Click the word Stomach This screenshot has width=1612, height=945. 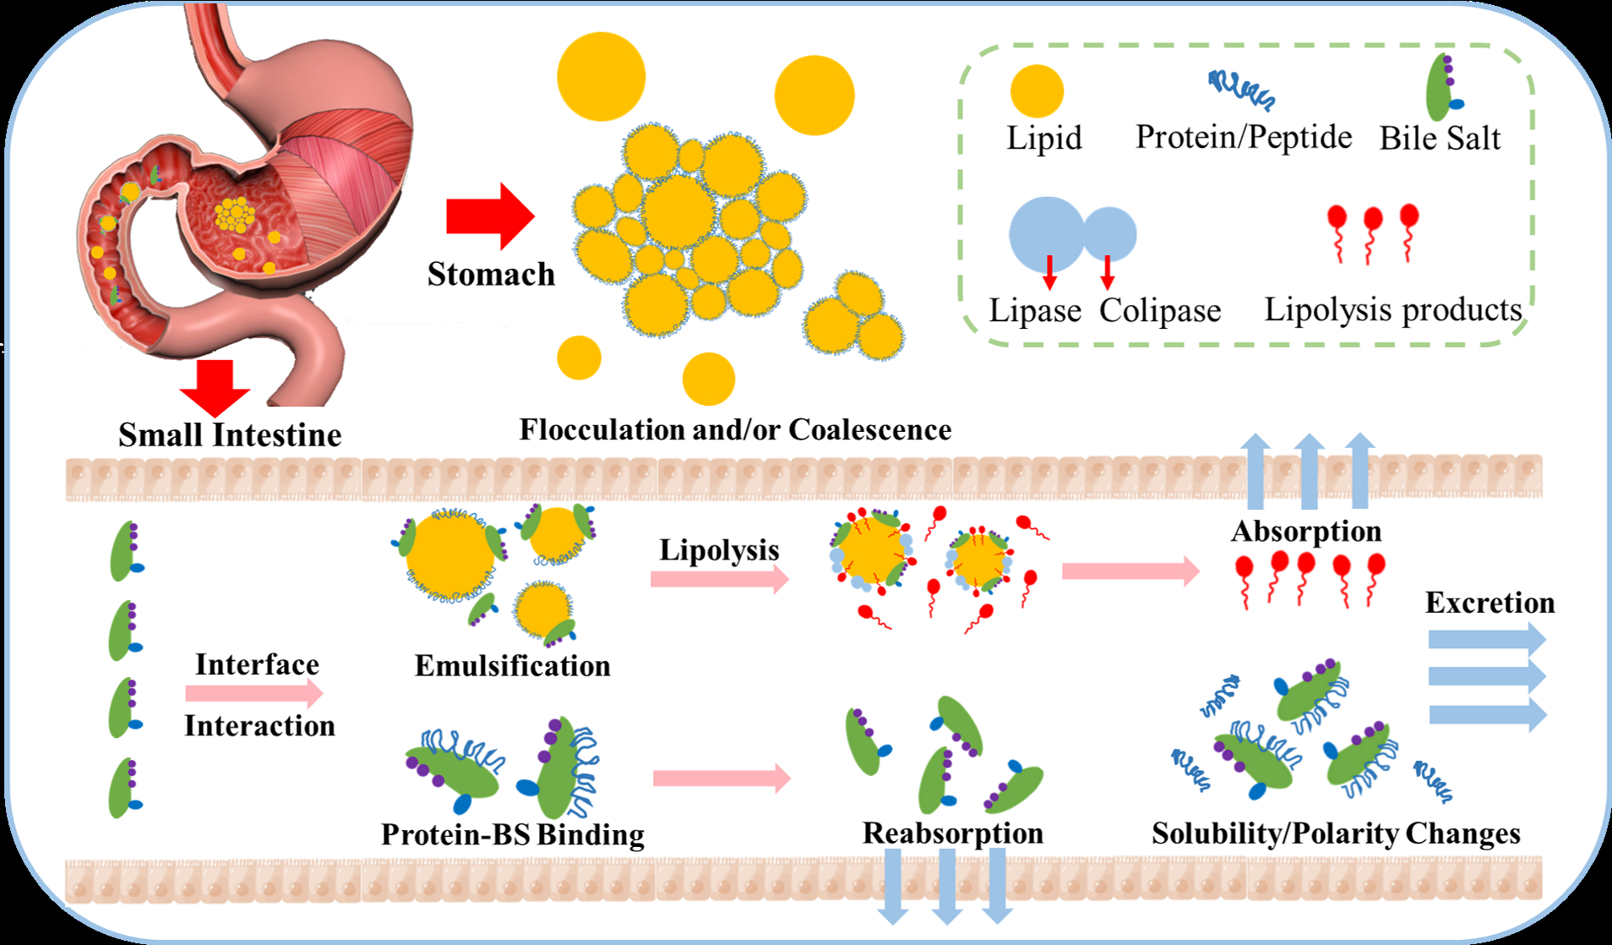pos(491,274)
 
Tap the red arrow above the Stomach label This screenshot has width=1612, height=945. pos(488,216)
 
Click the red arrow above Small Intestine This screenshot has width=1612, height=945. pos(215,386)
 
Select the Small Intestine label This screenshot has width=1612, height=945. pos(230,434)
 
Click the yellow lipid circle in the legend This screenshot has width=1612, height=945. pos(1037,91)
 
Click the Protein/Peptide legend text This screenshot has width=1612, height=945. pos(1243,137)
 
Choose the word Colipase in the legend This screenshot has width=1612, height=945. pos(1160,310)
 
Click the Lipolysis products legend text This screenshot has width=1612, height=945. pos(1392,309)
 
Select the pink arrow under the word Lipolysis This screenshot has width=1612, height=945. pos(719,579)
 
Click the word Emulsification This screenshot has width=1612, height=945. pos(512,665)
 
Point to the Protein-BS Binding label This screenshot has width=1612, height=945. pos(512,834)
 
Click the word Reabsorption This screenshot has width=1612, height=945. pos(952,833)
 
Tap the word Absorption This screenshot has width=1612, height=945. pos(1306,531)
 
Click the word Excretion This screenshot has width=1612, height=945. pos(1489,602)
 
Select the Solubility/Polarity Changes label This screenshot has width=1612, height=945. pos(1336,833)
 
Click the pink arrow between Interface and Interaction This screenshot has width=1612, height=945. pos(253,694)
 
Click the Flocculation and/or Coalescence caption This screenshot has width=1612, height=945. pos(735,429)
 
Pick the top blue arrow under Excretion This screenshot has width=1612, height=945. pos(1485,639)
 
